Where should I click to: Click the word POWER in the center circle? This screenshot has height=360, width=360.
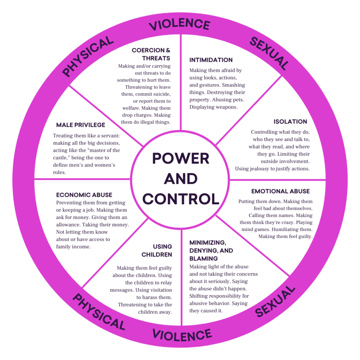pyautogui.click(x=180, y=158)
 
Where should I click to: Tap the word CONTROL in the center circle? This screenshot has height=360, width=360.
pyautogui.click(x=181, y=199)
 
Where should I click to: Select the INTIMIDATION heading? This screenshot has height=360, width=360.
pyautogui.click(x=211, y=60)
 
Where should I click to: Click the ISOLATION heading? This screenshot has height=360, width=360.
pyautogui.click(x=290, y=122)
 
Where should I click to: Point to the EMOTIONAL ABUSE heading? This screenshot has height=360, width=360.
pyautogui.click(x=281, y=191)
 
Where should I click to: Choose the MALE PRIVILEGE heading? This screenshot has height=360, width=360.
pyautogui.click(x=81, y=125)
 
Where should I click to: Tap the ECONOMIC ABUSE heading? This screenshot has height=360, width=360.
pyautogui.click(x=84, y=195)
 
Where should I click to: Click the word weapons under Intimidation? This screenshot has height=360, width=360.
pyautogui.click(x=226, y=107)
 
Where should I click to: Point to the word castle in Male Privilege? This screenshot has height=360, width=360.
pyautogui.click(x=61, y=157)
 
